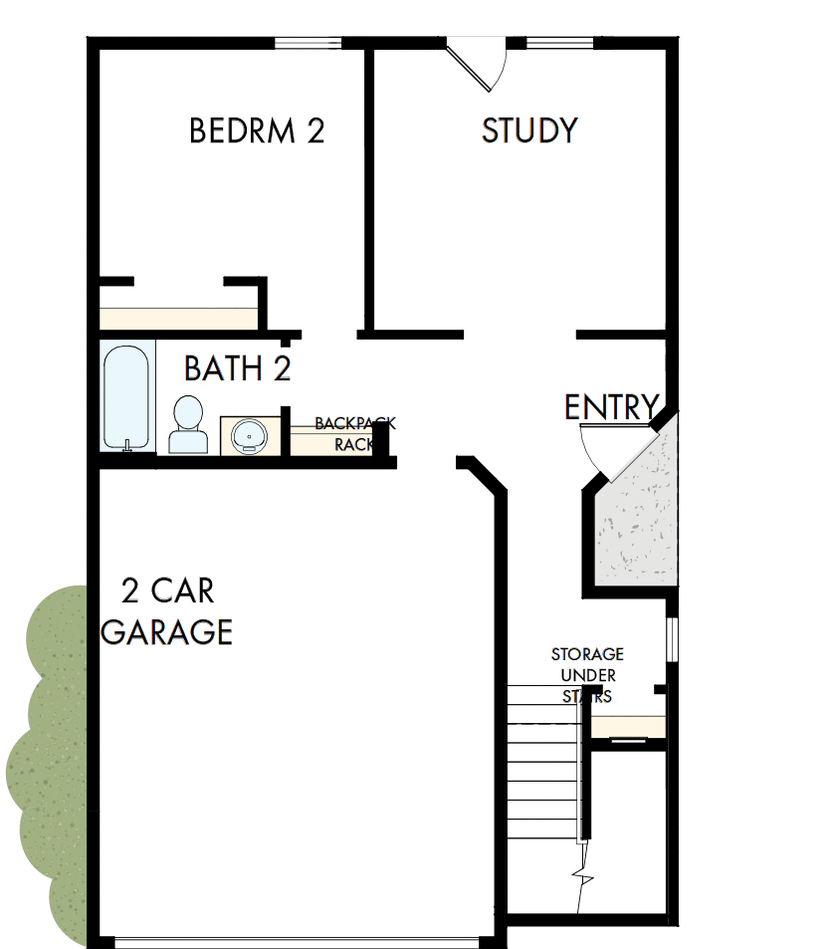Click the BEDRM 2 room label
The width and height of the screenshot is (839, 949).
(257, 131)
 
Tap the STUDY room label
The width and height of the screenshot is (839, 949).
(529, 131)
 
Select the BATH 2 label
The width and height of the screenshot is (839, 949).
(238, 369)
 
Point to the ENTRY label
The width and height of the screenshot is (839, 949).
(611, 407)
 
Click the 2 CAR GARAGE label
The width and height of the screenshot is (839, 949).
(167, 611)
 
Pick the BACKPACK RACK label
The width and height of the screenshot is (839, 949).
(353, 434)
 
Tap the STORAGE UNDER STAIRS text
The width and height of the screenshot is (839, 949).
(587, 675)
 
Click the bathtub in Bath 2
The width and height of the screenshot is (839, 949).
(127, 396)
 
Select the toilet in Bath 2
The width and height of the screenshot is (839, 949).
(187, 425)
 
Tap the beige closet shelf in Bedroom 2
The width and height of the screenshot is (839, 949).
(179, 319)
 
